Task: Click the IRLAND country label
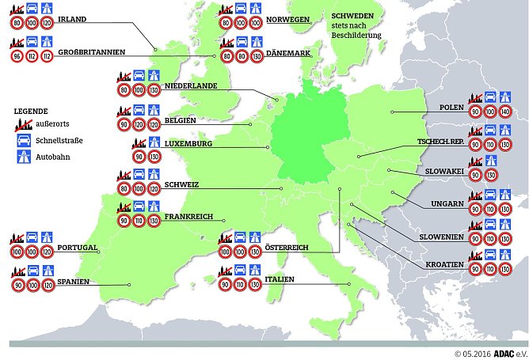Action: [x=72, y=18]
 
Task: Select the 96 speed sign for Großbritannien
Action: [x=17, y=56]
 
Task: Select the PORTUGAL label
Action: [x=77, y=248]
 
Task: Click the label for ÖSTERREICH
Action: [x=287, y=248]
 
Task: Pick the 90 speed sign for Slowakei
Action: [x=474, y=175]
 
